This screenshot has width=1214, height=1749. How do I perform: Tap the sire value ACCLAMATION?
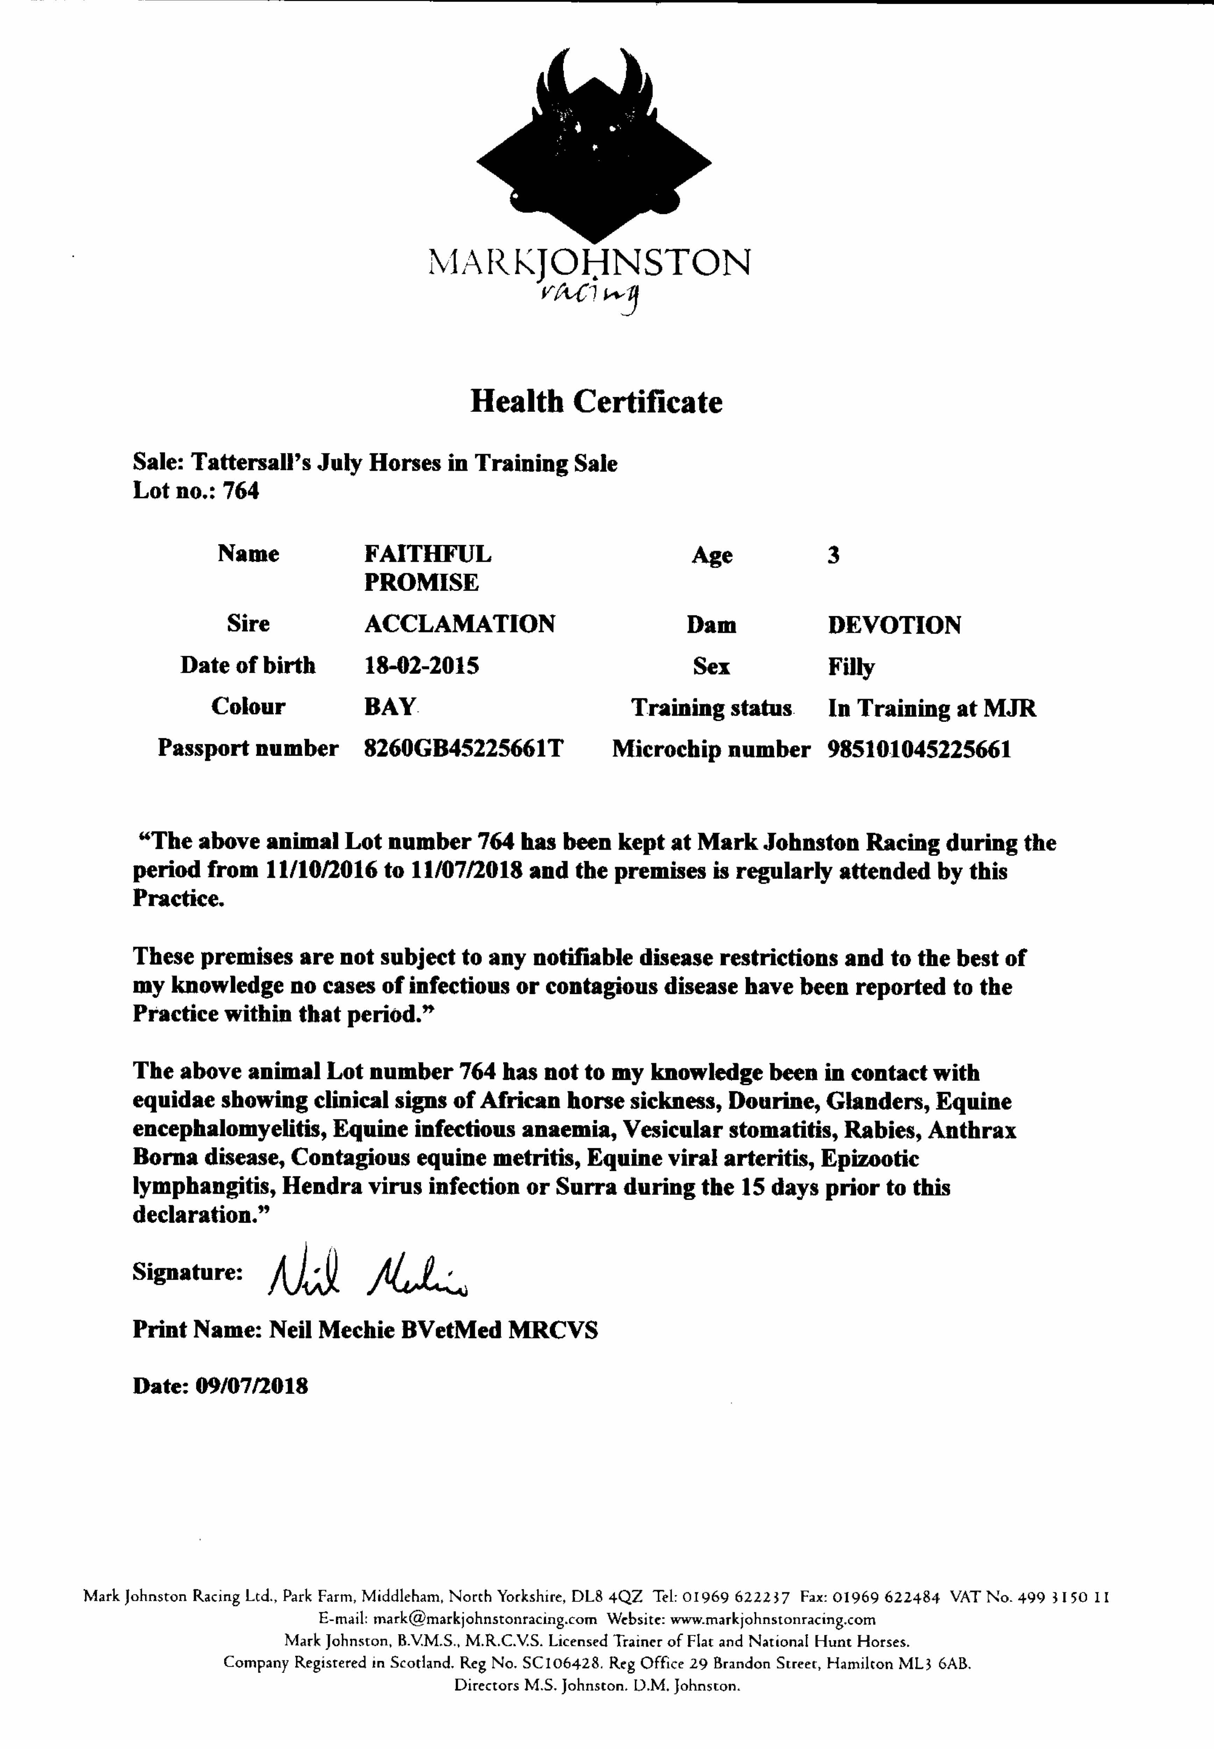pos(460,624)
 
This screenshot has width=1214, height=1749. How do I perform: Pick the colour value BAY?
pos(390,707)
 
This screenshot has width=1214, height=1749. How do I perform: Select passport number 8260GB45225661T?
pos(463,749)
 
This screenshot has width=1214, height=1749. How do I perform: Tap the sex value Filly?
pos(851,667)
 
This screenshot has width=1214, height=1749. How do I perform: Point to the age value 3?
pos(834,555)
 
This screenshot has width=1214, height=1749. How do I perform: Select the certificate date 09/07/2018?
pos(252,1386)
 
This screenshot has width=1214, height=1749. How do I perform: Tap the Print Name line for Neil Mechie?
pos(365,1330)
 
